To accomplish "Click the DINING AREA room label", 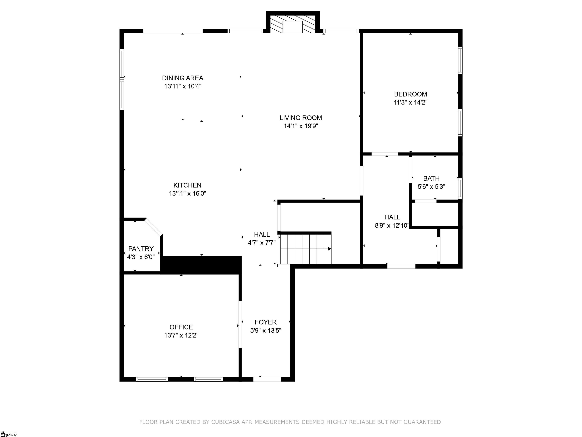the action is pyautogui.click(x=183, y=78).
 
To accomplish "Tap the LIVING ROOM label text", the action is pyautogui.click(x=301, y=118).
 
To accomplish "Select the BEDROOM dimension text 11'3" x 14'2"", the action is pyautogui.click(x=411, y=102).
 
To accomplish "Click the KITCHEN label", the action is pyautogui.click(x=187, y=185).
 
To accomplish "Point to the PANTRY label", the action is pyautogui.click(x=141, y=249).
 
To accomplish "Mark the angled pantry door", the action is pyautogui.click(x=154, y=226).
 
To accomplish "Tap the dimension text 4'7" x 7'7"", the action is pyautogui.click(x=262, y=243).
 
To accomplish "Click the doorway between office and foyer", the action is pyautogui.click(x=240, y=325).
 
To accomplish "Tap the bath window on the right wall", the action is pyautogui.click(x=460, y=188).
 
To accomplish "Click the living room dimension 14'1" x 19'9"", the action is pyautogui.click(x=301, y=126).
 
